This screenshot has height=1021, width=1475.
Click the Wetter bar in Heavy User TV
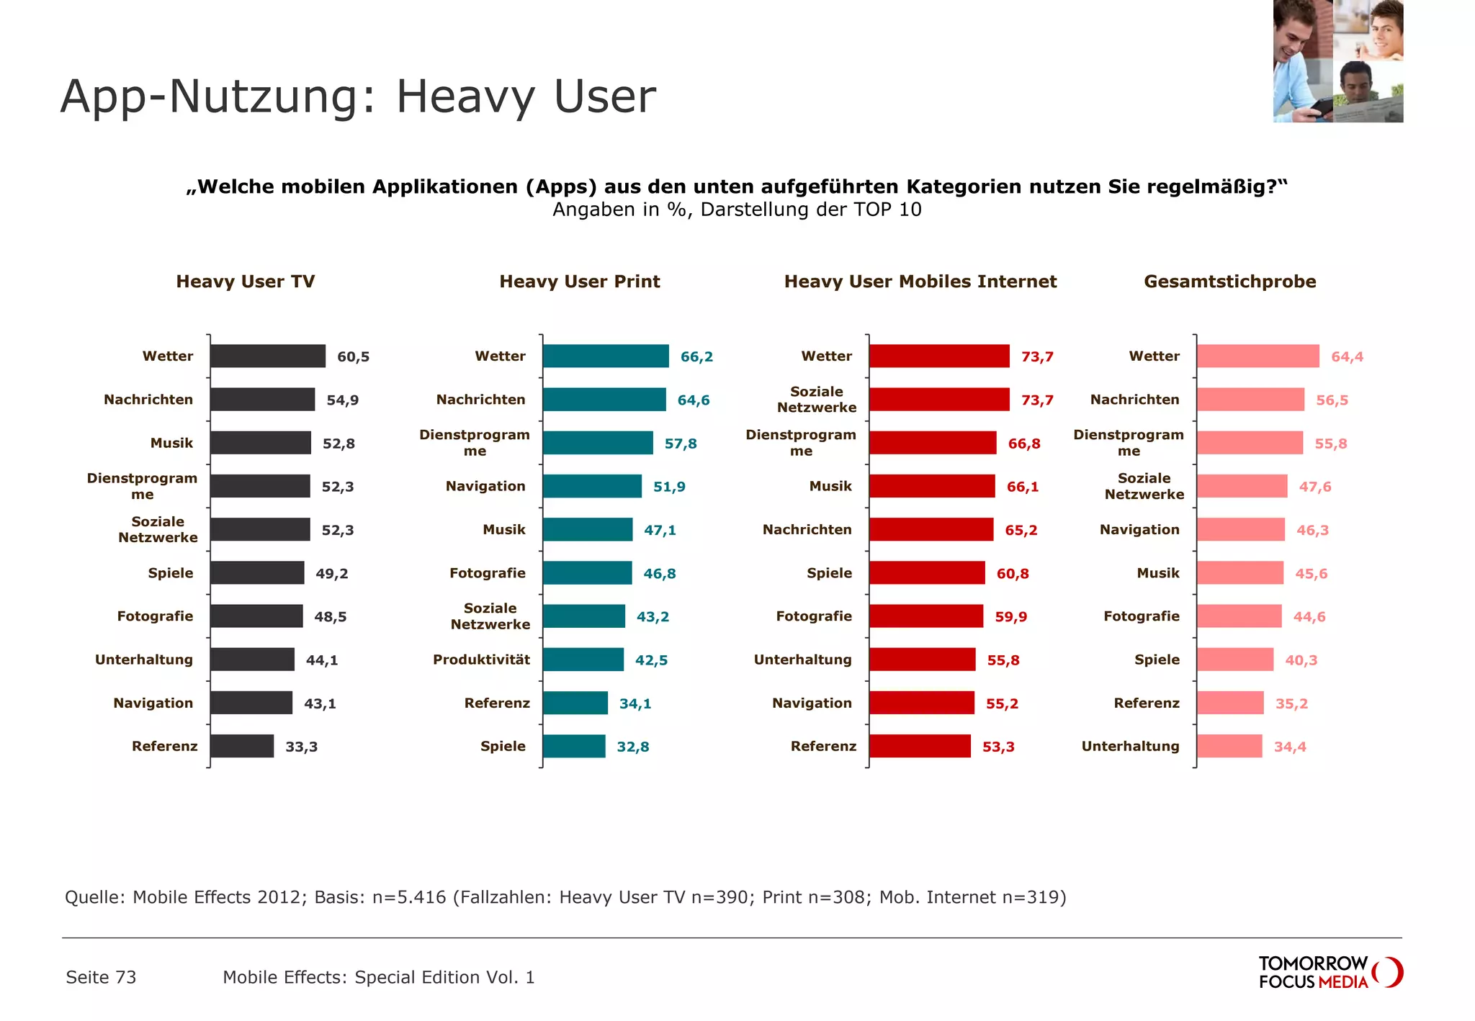click(x=267, y=356)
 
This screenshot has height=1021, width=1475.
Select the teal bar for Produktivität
click(x=583, y=660)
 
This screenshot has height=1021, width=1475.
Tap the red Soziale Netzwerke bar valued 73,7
click(x=938, y=400)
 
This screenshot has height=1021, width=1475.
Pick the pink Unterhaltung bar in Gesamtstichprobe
click(x=1229, y=746)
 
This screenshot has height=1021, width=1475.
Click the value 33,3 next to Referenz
click(x=301, y=747)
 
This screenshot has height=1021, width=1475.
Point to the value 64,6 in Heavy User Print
click(x=693, y=400)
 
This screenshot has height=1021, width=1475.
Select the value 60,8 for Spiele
click(x=1012, y=574)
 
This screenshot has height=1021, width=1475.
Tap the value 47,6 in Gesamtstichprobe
click(x=1314, y=487)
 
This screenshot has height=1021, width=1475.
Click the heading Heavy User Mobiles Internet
click(x=920, y=282)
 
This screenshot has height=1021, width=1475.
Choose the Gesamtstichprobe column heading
click(x=1229, y=282)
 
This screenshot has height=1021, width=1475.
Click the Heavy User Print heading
click(x=579, y=282)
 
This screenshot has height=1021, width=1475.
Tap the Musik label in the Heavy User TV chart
click(x=171, y=443)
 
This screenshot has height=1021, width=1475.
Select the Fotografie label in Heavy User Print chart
click(x=487, y=573)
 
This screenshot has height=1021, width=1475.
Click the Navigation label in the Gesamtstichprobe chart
click(x=1139, y=530)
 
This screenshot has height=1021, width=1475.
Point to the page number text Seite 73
click(x=101, y=977)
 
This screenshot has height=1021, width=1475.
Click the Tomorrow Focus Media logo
click(x=1329, y=972)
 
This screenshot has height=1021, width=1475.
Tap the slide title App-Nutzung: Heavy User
click(x=358, y=96)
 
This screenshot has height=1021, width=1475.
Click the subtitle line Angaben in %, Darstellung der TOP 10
click(x=736, y=210)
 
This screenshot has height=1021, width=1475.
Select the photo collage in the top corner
click(x=1337, y=61)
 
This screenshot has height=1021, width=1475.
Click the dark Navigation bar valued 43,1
click(x=251, y=703)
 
